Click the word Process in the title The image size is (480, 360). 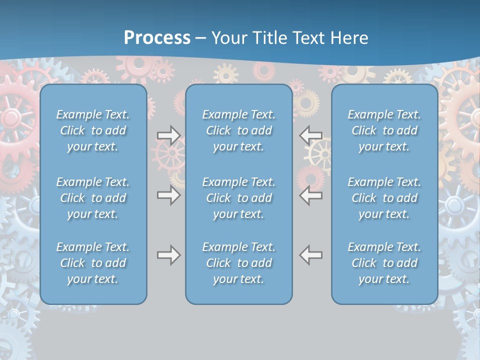[x=157, y=38]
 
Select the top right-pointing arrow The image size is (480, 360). [x=168, y=135]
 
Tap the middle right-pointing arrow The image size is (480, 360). [x=168, y=195]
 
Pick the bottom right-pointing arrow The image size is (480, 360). [x=168, y=255]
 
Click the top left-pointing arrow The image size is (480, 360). [x=310, y=135]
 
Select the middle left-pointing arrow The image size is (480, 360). [x=310, y=195]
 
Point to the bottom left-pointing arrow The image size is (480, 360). [x=310, y=255]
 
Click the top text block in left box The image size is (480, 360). [x=93, y=130]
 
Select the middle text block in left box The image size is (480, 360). [x=93, y=198]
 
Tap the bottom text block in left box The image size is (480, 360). [x=93, y=263]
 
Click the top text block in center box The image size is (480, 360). [x=238, y=130]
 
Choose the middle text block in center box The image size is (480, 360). [x=238, y=198]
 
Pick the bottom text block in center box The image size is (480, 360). [x=238, y=263]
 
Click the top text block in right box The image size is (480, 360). [x=384, y=130]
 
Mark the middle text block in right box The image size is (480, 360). [x=384, y=198]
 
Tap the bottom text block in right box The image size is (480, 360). [x=384, y=263]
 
